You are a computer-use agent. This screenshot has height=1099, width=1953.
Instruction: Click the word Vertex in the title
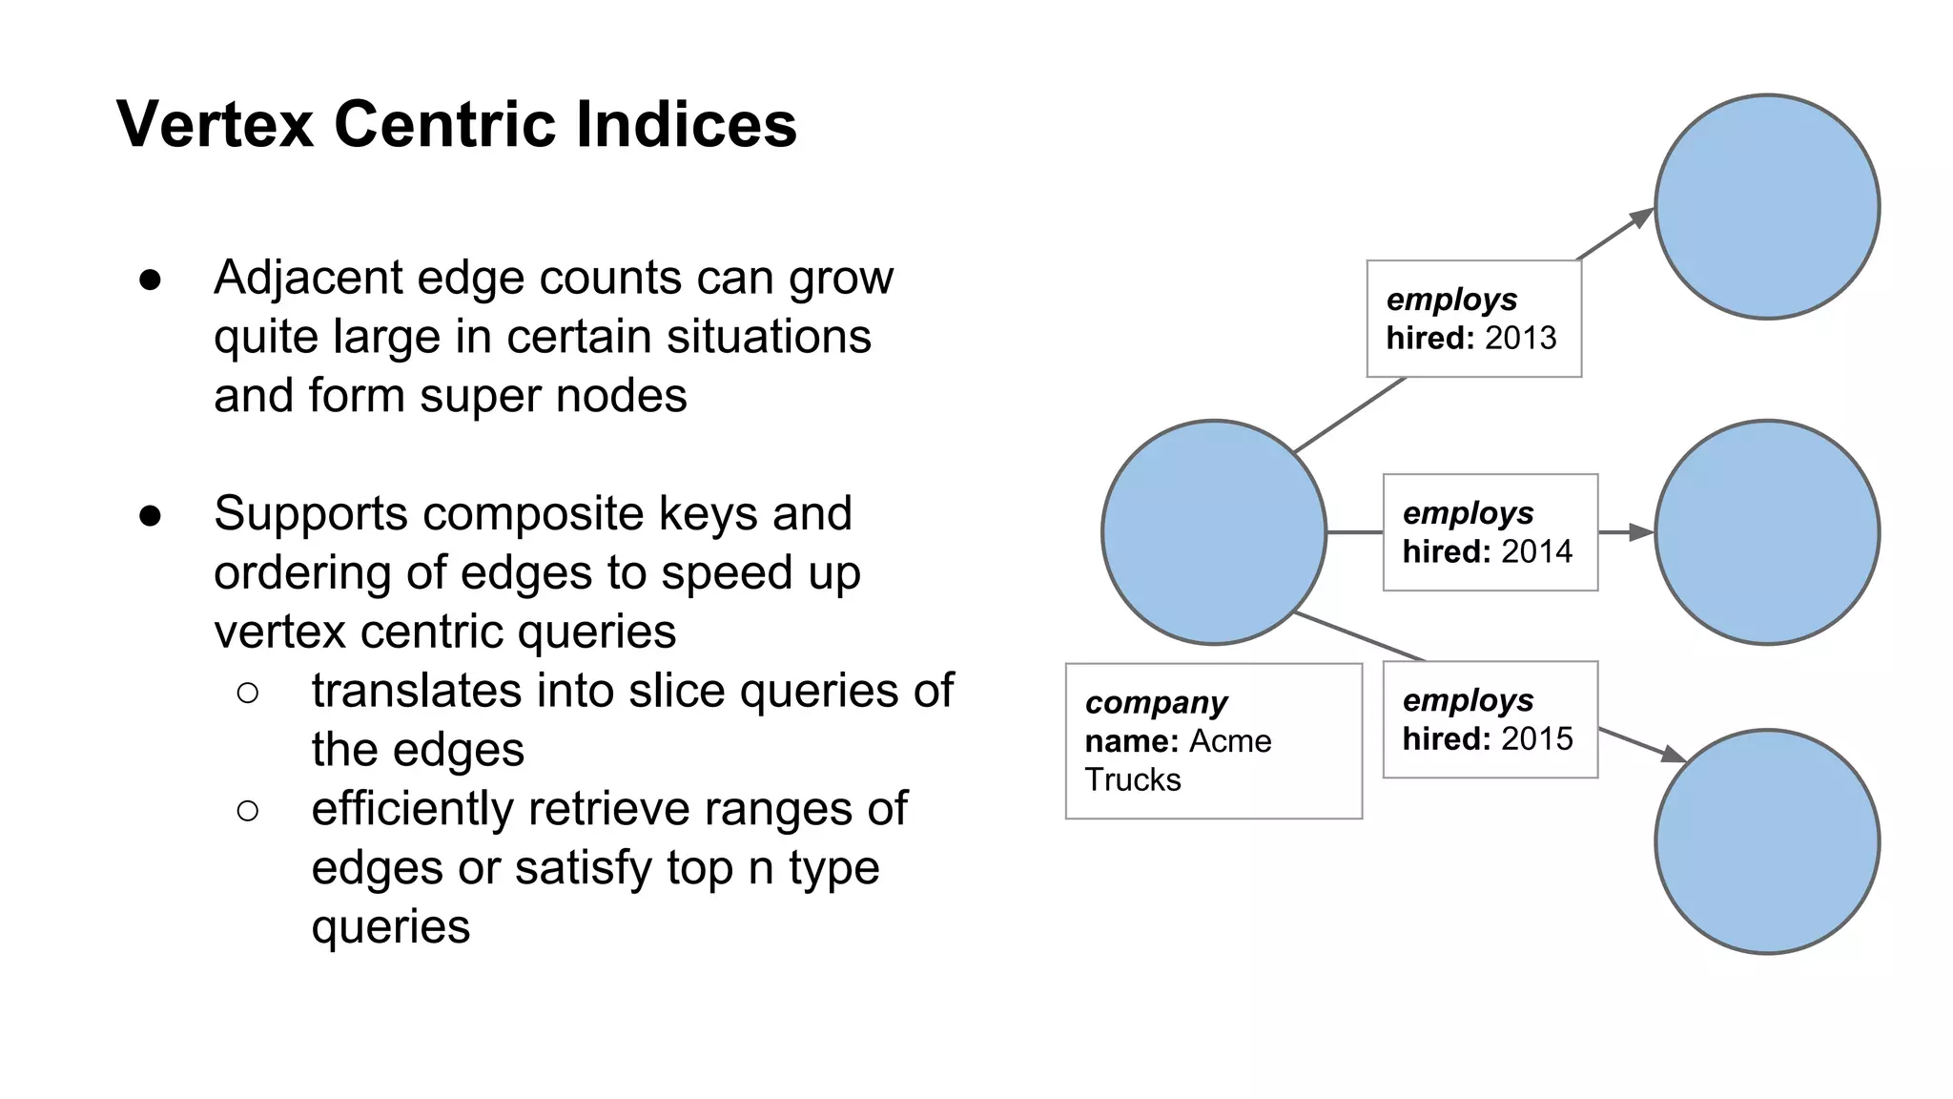coord(215,125)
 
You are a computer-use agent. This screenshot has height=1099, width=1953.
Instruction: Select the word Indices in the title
coord(687,125)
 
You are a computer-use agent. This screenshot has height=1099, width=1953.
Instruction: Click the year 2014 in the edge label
coord(1536,552)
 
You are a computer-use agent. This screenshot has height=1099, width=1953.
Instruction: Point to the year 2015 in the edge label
coord(1536,739)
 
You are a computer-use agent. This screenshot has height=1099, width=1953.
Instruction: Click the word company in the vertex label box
coord(1156,703)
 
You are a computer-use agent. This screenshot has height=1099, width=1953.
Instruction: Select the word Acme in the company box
coord(1230,741)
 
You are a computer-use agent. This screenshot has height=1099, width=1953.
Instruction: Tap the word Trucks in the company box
coord(1133,780)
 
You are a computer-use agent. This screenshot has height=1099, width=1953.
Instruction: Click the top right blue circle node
coord(1767,207)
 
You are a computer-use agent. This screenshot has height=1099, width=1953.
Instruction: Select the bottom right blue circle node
coord(1767,841)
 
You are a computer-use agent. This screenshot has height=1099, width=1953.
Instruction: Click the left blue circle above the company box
coord(1214,532)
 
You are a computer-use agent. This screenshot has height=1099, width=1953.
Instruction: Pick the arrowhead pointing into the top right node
coord(1642,218)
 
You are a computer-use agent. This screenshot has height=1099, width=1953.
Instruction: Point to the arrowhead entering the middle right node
coord(1642,532)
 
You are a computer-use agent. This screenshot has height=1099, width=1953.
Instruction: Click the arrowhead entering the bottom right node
coord(1674,755)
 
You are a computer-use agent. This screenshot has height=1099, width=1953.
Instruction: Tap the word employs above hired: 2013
coord(1450,300)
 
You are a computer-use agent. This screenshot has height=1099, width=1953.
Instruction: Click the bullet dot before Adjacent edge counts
coord(150,280)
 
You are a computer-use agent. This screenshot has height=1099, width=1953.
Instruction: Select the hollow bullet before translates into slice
coord(247,693)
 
